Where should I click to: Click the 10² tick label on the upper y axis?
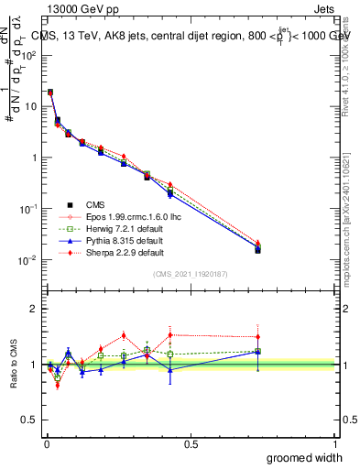(29, 55)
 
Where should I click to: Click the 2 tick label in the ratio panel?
(33, 309)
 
